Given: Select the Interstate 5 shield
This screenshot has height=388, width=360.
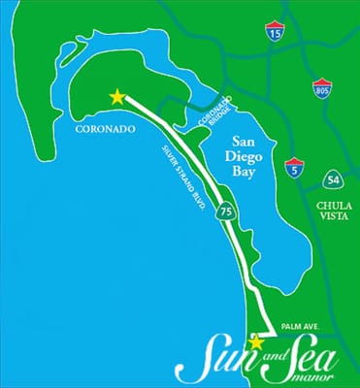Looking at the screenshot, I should [295, 166].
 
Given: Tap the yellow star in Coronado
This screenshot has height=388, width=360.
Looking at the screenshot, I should [117, 96].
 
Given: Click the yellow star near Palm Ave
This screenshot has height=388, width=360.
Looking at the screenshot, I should [256, 341].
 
